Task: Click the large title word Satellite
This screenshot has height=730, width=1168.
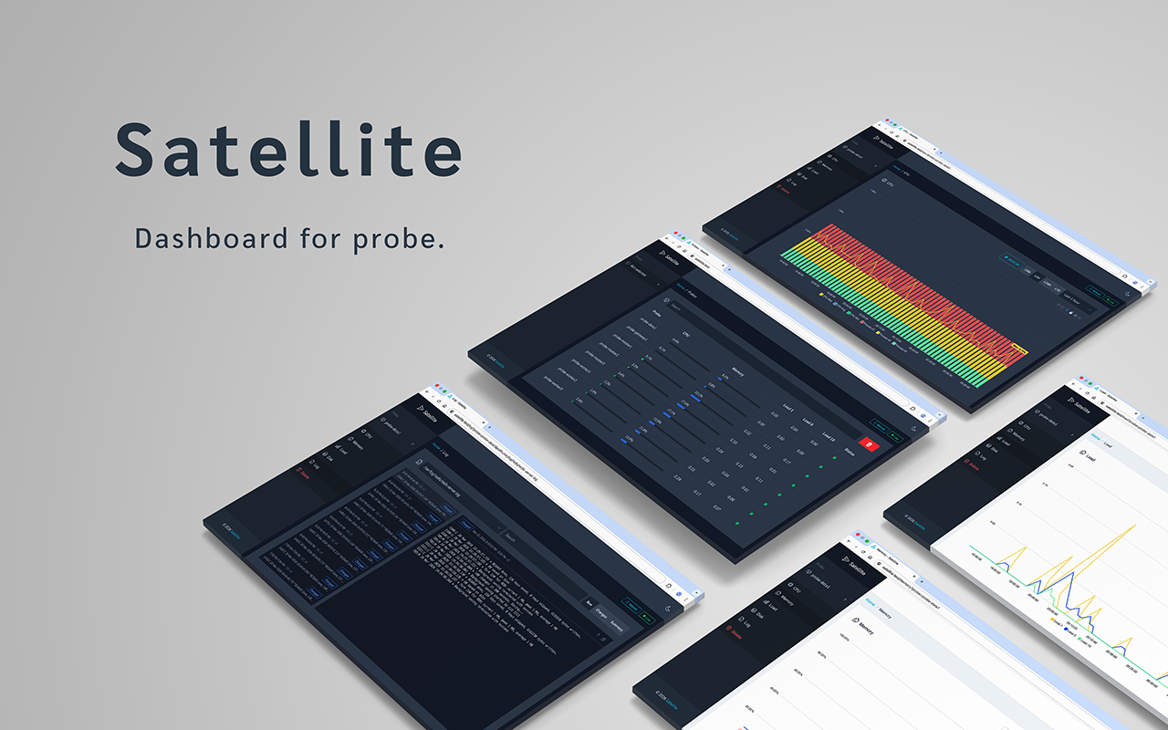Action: [x=287, y=150]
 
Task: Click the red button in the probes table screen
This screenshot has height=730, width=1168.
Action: [x=871, y=445]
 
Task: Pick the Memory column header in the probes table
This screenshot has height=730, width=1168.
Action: [x=737, y=372]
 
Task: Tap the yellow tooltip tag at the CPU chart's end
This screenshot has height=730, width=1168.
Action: [x=1020, y=348]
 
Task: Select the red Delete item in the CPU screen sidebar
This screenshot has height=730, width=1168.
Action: [x=784, y=190]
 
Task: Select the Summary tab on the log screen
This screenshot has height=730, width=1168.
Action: [x=618, y=623]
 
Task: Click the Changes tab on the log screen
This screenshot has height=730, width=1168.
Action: [x=601, y=613]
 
